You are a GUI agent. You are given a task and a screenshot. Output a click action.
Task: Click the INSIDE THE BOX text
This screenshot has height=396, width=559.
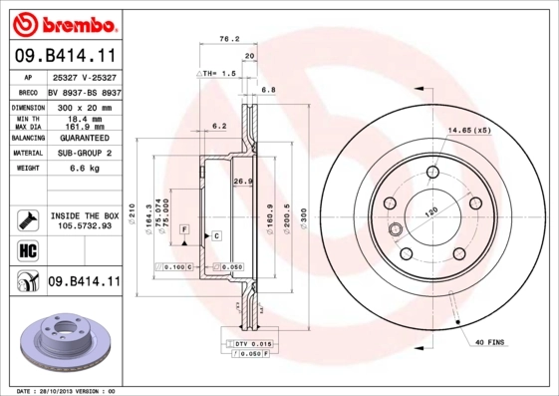click(84, 215)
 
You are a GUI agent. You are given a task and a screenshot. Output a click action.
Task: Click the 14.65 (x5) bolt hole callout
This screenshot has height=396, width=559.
click(469, 131)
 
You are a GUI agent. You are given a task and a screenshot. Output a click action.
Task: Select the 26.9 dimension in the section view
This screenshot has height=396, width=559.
click(240, 182)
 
